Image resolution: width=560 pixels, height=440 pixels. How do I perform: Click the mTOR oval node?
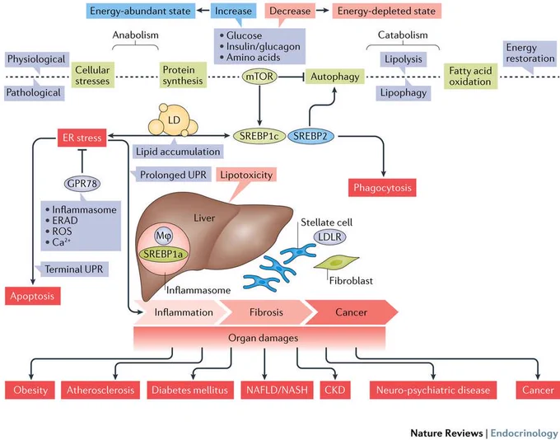259,76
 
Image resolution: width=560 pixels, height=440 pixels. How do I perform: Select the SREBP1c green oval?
259,136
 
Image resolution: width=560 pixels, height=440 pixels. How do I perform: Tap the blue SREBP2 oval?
310,136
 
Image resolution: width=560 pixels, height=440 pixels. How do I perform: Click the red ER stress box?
82,138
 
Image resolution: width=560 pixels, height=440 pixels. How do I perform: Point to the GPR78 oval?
82,184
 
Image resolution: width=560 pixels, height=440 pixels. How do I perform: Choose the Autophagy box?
334,77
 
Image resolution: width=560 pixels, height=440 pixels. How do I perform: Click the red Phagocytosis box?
382,188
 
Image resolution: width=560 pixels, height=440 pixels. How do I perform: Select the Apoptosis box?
32,296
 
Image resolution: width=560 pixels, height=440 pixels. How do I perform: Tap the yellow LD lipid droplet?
173,120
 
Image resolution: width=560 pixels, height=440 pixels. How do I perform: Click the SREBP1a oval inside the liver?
163,254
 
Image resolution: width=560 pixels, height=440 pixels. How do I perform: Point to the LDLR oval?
329,236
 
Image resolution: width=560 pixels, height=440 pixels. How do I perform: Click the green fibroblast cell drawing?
336,263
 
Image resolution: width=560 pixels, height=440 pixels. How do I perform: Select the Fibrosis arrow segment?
266,312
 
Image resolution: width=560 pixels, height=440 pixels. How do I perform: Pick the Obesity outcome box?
30,390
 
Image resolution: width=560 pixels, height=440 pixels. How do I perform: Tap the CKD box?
335,390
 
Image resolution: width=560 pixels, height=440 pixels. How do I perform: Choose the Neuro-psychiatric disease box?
433,390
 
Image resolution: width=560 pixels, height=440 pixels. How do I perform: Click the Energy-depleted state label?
387,11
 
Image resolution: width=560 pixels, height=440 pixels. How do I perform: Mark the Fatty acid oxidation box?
471,76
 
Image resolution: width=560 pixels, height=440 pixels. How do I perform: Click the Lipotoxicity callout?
246,175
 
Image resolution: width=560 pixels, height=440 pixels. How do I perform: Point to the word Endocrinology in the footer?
524,433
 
